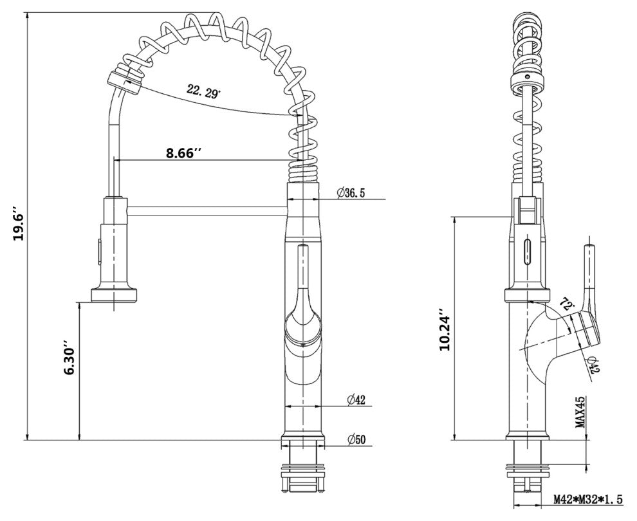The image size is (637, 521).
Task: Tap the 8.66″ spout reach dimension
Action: (183, 153)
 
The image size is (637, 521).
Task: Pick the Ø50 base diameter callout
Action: (356, 440)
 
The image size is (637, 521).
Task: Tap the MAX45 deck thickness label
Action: (580, 412)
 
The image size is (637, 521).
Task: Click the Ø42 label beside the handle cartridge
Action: (593, 363)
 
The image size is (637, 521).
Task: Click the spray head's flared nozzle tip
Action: (116, 295)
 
